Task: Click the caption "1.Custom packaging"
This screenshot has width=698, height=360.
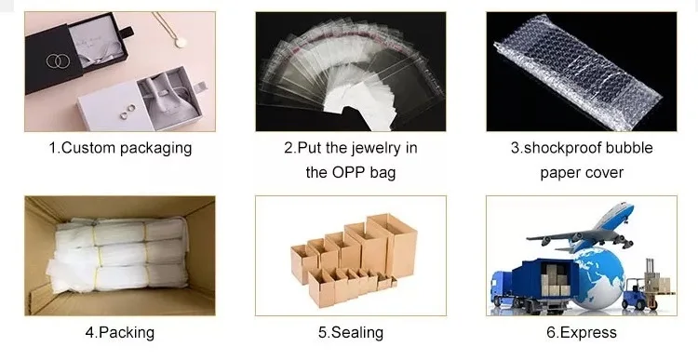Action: pos(120,148)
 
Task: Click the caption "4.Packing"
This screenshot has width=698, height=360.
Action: pos(120,333)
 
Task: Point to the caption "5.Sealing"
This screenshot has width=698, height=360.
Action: pos(351,333)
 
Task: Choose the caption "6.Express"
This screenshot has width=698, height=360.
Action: pos(582,333)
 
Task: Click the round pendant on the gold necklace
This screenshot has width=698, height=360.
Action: pos(181,42)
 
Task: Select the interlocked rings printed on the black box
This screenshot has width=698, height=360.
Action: pos(59,61)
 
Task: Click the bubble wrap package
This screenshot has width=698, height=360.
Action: pos(578,72)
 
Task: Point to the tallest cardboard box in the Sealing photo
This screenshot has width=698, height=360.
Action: pos(392,246)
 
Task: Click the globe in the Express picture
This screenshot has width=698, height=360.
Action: pos(597,277)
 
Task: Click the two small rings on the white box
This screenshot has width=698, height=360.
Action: pos(128,112)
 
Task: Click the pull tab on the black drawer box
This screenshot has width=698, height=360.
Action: pos(127,32)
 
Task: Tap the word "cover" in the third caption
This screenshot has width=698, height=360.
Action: pos(604,173)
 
